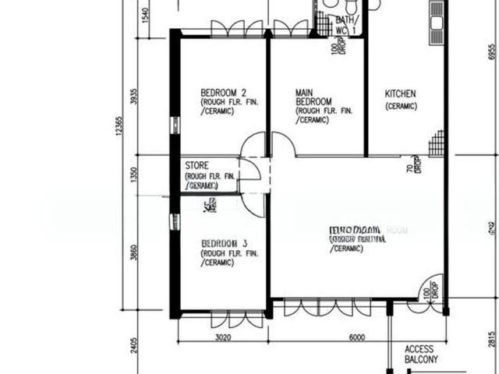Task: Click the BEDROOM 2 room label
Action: (219, 90)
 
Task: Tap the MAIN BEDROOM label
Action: (313, 97)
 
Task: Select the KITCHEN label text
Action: (400, 93)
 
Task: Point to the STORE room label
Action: (197, 166)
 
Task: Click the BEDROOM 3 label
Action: (218, 243)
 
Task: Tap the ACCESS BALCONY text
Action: (422, 355)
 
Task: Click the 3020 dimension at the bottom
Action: (223, 337)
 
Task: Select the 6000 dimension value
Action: (357, 337)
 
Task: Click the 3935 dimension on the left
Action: (134, 97)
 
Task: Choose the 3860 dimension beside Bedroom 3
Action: (134, 253)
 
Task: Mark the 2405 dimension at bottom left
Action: (134, 342)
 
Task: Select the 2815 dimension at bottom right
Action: (491, 341)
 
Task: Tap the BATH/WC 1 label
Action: (345, 25)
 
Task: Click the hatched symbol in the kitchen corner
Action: (437, 143)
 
